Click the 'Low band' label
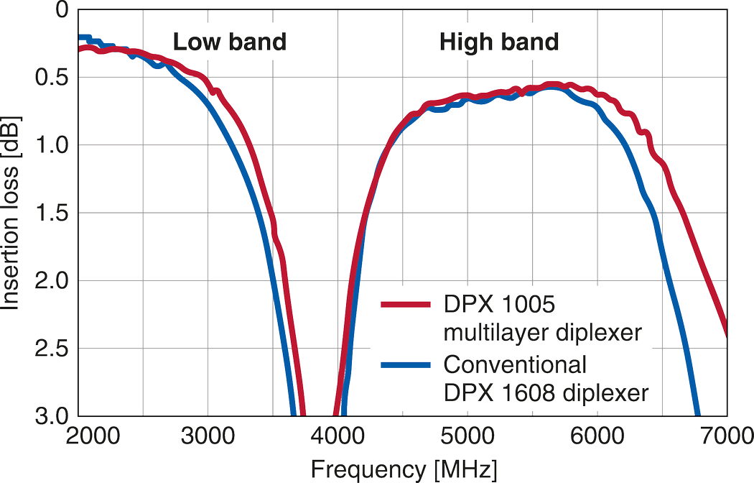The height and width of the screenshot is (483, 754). [x=229, y=42]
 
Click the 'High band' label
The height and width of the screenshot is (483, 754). [x=498, y=42]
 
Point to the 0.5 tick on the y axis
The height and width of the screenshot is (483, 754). [x=51, y=78]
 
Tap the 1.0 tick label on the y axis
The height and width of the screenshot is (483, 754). [x=51, y=145]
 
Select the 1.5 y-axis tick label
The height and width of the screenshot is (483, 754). [x=51, y=213]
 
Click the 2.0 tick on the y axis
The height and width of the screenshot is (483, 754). [x=51, y=280]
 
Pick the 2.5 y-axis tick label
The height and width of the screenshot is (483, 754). [x=51, y=348]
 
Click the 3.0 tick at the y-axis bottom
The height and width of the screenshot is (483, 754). [x=51, y=415]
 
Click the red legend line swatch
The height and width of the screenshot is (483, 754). [x=405, y=305]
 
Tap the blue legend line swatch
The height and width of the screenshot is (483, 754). [x=405, y=366]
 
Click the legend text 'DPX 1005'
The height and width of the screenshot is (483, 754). [x=499, y=305]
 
